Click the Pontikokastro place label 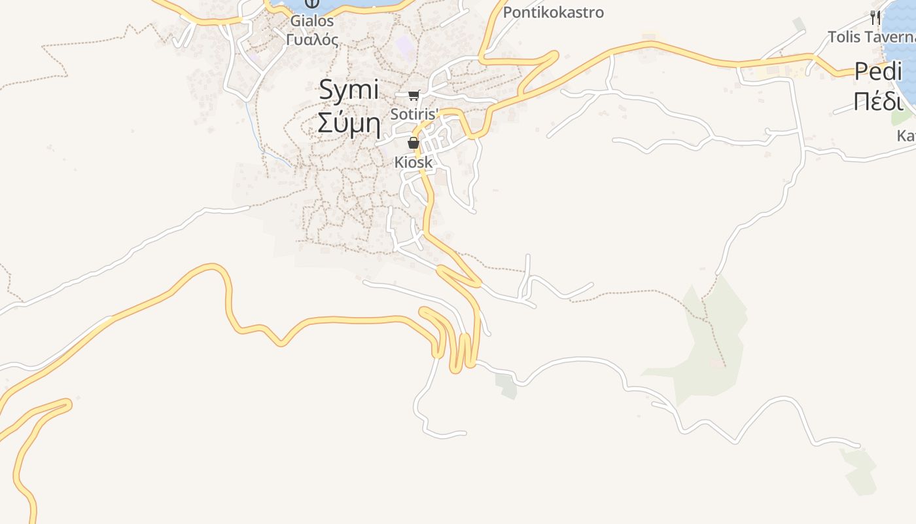click(x=553, y=12)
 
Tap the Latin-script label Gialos click(x=312, y=21)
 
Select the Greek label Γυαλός click(x=312, y=39)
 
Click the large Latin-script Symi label click(x=349, y=90)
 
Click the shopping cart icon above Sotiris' click(x=414, y=96)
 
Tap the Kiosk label click(x=414, y=162)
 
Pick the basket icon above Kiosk click(x=414, y=143)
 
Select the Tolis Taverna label click(x=871, y=37)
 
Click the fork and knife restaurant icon click(x=875, y=18)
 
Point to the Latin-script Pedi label click(x=878, y=71)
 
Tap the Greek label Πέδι click(x=878, y=102)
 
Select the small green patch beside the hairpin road click(x=506, y=385)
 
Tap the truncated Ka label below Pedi click(x=906, y=136)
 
